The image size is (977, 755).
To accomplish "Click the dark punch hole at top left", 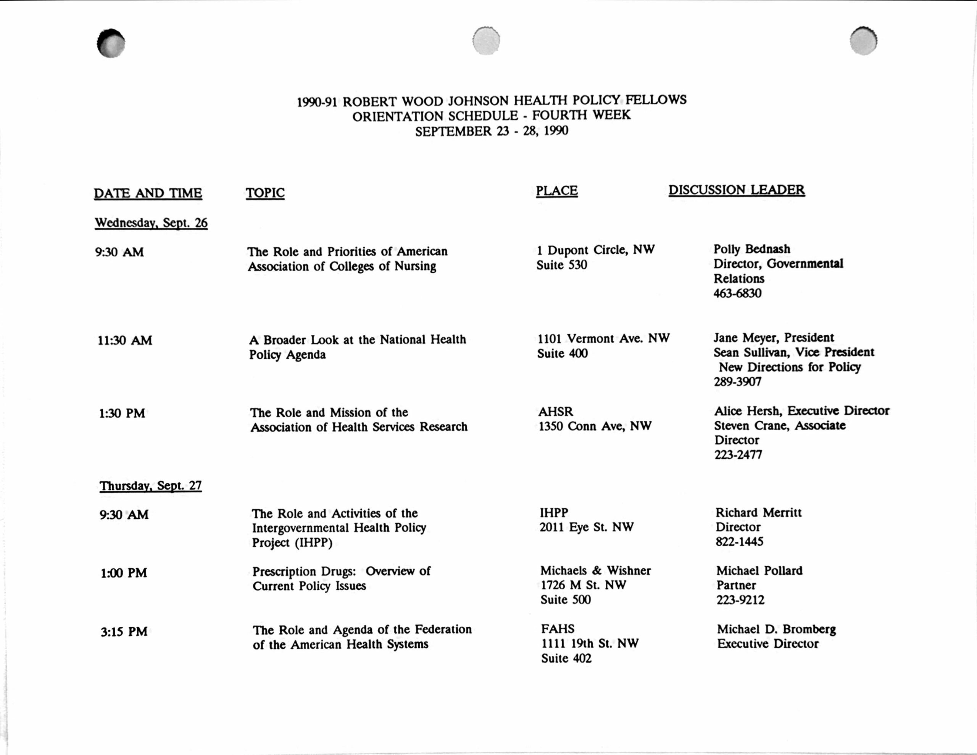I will click(x=111, y=43).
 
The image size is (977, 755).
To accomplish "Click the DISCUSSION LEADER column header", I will click(x=736, y=190).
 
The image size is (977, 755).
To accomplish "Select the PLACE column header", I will click(x=556, y=191).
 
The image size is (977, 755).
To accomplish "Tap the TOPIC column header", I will click(x=265, y=193).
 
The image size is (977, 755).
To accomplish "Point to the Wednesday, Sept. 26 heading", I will click(x=151, y=223).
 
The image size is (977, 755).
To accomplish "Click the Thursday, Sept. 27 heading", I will click(x=151, y=486).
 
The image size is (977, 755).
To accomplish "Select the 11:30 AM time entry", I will click(x=125, y=340).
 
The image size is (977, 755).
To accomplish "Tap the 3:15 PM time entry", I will click(x=124, y=632).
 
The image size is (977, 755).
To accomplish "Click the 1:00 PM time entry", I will click(x=124, y=573).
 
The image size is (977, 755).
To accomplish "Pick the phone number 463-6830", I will click(x=737, y=294).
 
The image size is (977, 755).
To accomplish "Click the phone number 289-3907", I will click(x=737, y=382).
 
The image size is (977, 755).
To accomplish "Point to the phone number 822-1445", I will click(x=740, y=542).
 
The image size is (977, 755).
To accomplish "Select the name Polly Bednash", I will click(x=751, y=249).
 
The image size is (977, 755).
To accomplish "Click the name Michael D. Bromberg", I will click(x=776, y=629).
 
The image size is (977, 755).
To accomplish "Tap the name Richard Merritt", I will click(x=758, y=513).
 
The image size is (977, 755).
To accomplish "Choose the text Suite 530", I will click(x=562, y=265).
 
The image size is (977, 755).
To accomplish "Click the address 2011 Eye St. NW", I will click(x=587, y=527).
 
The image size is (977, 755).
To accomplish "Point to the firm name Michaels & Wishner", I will click(x=595, y=571).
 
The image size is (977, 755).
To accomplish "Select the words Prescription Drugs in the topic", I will click(x=304, y=571).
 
